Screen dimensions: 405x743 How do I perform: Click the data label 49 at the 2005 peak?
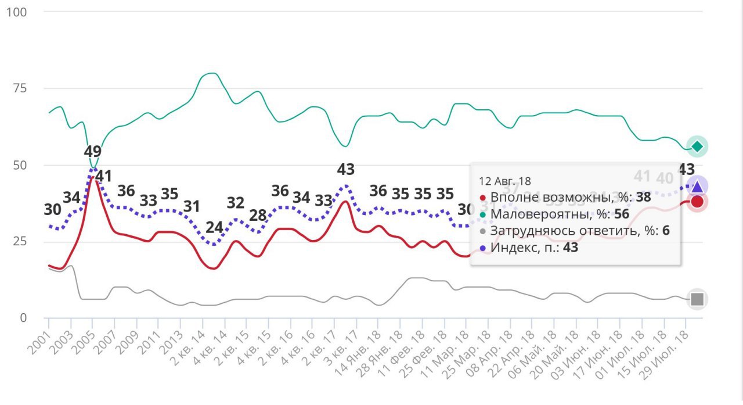[92, 151]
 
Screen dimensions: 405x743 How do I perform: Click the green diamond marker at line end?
[697, 146]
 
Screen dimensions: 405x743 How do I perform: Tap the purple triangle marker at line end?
[697, 187]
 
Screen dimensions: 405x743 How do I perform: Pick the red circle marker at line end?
[697, 202]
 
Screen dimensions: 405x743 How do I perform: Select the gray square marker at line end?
[697, 299]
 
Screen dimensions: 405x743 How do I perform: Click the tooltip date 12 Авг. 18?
[505, 181]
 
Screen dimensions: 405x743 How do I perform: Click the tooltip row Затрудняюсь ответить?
[575, 231]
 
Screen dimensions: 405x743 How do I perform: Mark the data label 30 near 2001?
[52, 210]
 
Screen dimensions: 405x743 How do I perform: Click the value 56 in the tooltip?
[621, 214]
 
